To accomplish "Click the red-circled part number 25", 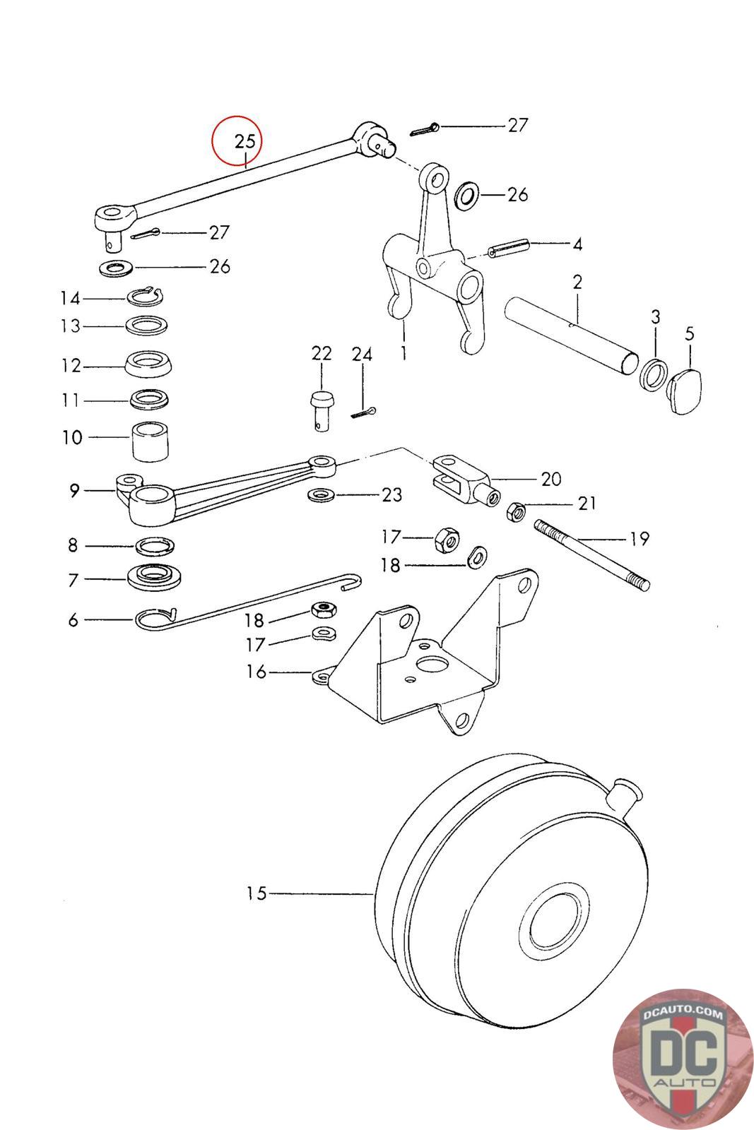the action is point(245,141).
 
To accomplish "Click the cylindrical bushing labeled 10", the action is point(150,441).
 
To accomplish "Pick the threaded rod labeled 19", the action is point(591,555).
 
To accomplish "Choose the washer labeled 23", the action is point(321,495).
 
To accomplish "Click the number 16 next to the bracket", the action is point(256,672).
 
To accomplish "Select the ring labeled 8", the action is point(155,546).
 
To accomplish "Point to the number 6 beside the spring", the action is point(73,619).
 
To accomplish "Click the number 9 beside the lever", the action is point(74,490).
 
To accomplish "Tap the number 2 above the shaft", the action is point(577,282).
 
